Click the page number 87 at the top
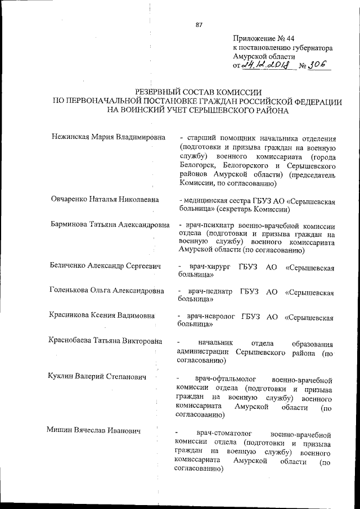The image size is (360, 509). point(199,25)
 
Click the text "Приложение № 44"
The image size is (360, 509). point(263,39)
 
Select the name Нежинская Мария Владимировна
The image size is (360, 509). point(108,137)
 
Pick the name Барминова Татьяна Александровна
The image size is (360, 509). point(110,225)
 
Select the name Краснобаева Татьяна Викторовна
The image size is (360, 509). point(106,341)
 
